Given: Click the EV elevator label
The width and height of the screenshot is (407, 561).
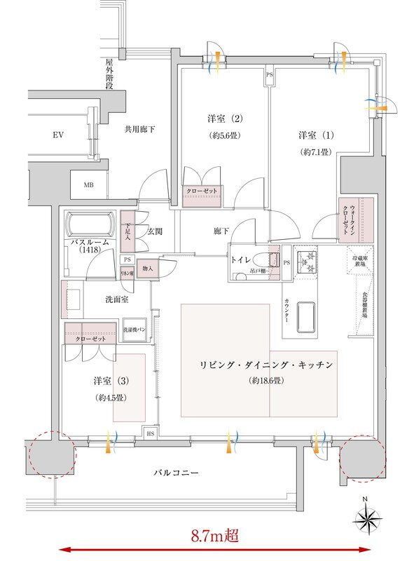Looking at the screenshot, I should pyautogui.click(x=57, y=134).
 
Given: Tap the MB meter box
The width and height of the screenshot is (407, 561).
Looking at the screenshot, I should pyautogui.click(x=89, y=185).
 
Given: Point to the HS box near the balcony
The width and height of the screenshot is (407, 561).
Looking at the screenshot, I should pyautogui.click(x=150, y=434).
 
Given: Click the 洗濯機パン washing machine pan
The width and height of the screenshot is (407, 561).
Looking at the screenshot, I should pyautogui.click(x=134, y=330).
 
